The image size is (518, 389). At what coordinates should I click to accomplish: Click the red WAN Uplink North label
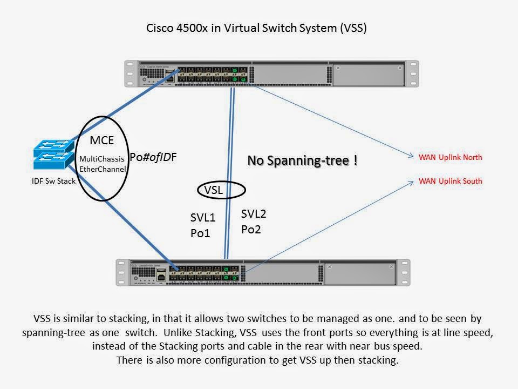pos(450,158)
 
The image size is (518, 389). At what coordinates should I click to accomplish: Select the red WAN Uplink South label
pos(450,181)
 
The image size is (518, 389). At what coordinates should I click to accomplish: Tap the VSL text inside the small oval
pos(214,190)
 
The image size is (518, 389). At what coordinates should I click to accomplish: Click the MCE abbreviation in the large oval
pos(101,141)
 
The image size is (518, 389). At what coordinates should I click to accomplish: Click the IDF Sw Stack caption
pos(53,181)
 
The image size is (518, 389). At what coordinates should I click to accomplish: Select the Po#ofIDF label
pos(153,157)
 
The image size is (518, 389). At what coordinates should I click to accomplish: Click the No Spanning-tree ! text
pos(302,160)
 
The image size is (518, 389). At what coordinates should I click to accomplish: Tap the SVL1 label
pos(202,218)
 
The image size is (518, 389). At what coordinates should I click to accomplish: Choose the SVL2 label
pos(254,214)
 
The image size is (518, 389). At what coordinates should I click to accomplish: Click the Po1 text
pos(199,233)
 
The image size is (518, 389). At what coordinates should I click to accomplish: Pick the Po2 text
pos(250,229)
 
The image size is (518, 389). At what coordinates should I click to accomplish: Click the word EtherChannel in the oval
pos(103,169)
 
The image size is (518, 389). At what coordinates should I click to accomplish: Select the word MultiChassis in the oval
pos(102,160)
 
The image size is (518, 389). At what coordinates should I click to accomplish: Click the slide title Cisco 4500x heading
pos(257,29)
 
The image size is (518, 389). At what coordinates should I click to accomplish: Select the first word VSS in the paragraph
pos(43,318)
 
